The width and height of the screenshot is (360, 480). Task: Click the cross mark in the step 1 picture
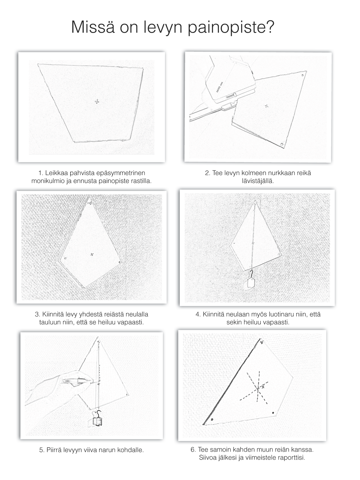pos(97,101)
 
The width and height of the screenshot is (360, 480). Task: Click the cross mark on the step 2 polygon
pos(267,106)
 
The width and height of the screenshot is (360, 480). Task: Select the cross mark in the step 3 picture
pos(92,254)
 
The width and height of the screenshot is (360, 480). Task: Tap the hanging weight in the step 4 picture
pos(250,283)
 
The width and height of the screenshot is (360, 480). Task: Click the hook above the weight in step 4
pos(251,272)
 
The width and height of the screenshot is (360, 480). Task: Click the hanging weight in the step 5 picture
pos(98,421)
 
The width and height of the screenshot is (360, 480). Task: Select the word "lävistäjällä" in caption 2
pos(258,181)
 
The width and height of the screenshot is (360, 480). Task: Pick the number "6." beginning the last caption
pos(193,450)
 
